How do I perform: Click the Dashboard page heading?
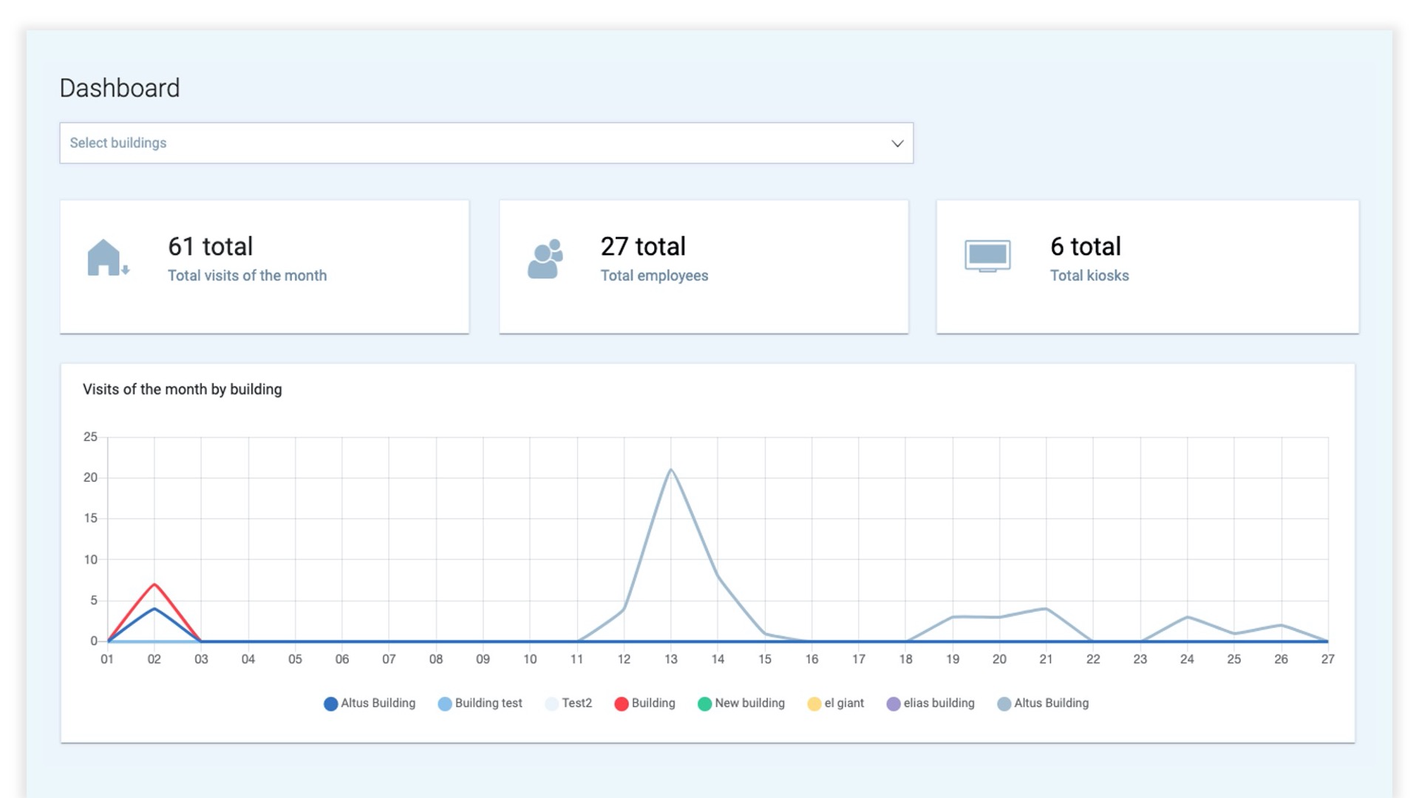tap(120, 88)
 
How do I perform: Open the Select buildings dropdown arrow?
tap(897, 143)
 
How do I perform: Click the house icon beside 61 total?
tap(106, 258)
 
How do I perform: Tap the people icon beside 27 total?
tap(545, 259)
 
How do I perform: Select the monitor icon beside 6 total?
tap(987, 256)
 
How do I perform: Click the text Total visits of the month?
tap(247, 276)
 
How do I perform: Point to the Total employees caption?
tap(654, 276)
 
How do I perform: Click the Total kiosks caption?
tap(1089, 276)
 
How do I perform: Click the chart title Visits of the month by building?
tap(182, 389)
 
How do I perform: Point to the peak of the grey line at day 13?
tap(671, 469)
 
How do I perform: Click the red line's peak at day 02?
tap(154, 584)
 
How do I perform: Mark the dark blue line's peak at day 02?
tap(154, 609)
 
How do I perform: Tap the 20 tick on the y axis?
tap(90, 477)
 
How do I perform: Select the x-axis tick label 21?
tap(1046, 659)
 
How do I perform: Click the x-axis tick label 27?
tap(1328, 659)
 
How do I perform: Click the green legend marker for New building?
tap(704, 703)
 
